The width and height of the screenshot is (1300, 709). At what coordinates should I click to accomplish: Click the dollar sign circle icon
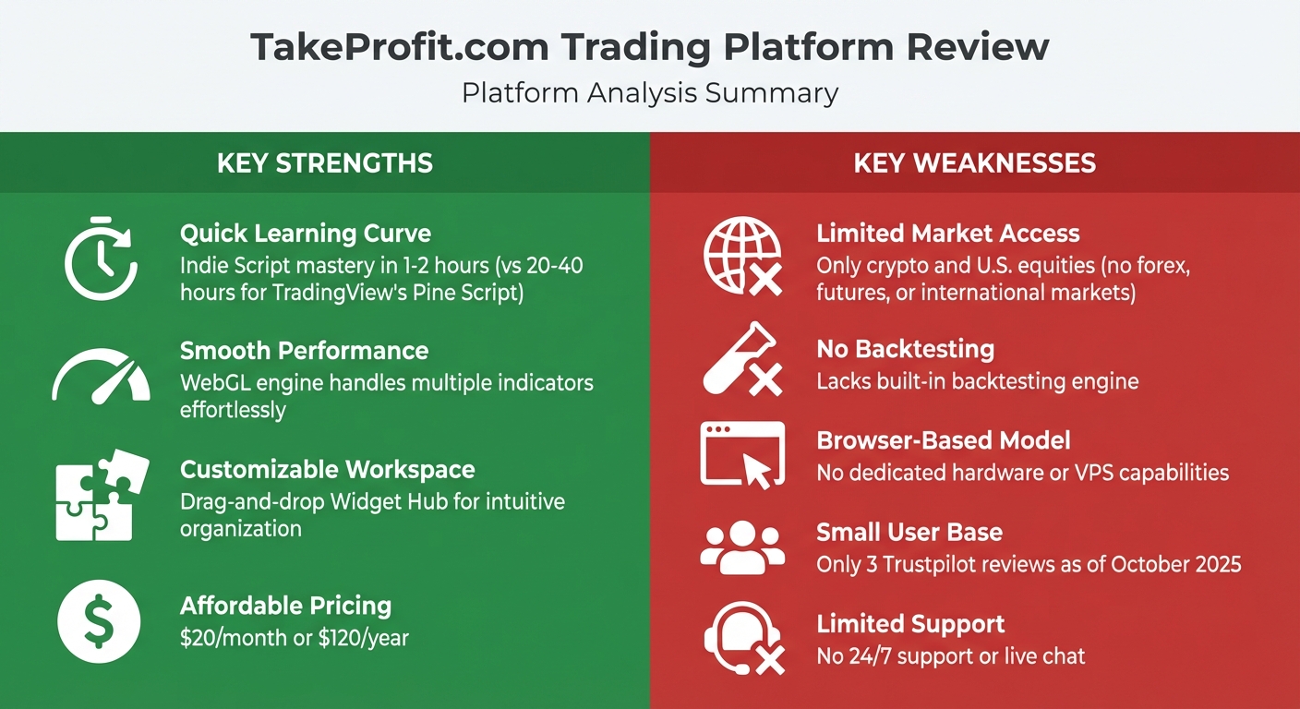[x=99, y=620]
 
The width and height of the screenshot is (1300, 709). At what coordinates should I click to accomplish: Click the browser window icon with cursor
[x=742, y=453]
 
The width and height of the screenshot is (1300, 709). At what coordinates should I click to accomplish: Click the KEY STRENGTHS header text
[x=325, y=163]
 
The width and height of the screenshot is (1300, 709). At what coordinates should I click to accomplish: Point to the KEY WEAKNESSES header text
[x=974, y=163]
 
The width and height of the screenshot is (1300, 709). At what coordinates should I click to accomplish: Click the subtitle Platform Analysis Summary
[x=650, y=93]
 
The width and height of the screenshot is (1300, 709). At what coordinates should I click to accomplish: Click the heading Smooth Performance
[x=304, y=351]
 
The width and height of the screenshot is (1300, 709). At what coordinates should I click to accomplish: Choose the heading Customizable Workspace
[x=327, y=469]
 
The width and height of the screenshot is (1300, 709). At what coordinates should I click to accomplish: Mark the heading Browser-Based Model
[x=943, y=440]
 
